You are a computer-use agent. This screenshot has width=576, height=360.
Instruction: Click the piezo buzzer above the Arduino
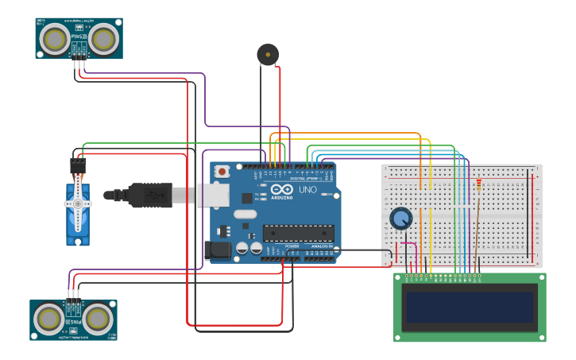(x=268, y=54)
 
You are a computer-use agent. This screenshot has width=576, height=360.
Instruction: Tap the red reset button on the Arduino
(x=222, y=171)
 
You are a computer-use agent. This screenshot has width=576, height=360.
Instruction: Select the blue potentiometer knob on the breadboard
(x=401, y=218)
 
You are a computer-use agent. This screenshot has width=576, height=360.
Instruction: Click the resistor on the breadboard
(x=478, y=184)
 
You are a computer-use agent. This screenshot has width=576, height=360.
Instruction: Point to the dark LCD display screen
(x=469, y=307)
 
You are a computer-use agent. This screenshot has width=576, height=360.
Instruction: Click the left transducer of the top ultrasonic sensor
(x=55, y=37)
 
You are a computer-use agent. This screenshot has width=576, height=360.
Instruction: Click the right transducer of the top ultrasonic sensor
(x=103, y=37)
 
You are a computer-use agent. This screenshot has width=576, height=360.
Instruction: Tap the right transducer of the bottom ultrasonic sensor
(x=98, y=319)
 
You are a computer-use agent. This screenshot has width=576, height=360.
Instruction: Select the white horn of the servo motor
(x=77, y=205)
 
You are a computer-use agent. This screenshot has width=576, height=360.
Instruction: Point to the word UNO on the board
(x=307, y=190)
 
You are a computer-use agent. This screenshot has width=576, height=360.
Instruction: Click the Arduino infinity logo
(x=281, y=190)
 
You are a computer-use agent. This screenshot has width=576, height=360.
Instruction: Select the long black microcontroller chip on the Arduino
(x=298, y=233)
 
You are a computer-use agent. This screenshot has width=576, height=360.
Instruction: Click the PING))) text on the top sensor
(x=78, y=36)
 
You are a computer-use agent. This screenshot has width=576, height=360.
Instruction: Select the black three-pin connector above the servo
(x=78, y=165)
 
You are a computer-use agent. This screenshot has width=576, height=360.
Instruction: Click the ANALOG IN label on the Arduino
(x=323, y=246)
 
